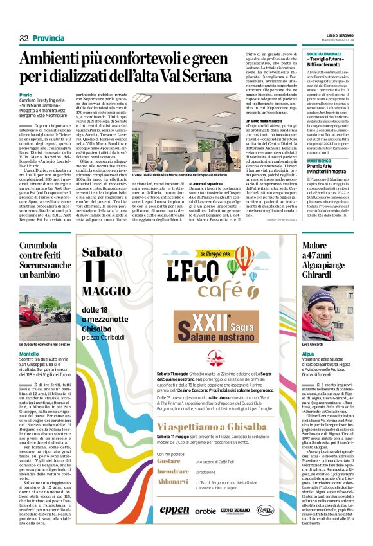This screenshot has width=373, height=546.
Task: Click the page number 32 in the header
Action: [x=24, y=38]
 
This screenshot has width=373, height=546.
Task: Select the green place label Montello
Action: [x=29, y=354]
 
